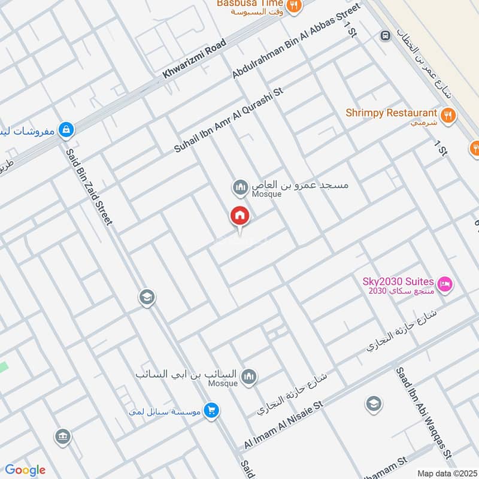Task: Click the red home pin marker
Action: click(240, 216)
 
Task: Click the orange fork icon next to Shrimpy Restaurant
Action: click(447, 114)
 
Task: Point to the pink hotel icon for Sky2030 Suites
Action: click(445, 283)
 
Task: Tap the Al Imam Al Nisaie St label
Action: click(283, 426)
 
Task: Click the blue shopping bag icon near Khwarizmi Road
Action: click(66, 129)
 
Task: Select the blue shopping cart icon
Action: click(211, 411)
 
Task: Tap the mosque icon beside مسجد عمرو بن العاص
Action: click(241, 188)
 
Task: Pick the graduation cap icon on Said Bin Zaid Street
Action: click(146, 296)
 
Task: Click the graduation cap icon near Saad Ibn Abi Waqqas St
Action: click(373, 404)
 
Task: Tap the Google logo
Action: click(25, 470)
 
